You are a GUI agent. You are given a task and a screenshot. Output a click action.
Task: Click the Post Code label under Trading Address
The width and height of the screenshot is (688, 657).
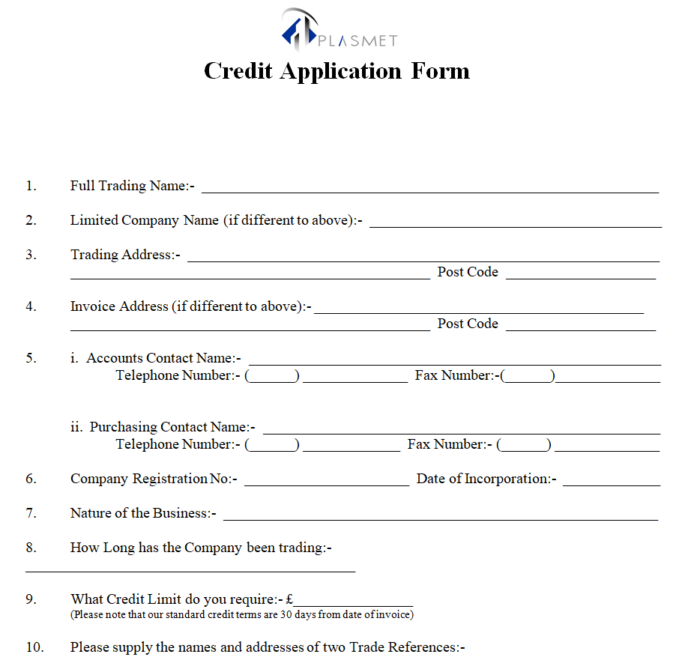point(468,272)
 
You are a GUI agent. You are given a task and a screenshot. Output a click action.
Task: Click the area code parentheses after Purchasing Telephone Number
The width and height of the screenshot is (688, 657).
point(272,445)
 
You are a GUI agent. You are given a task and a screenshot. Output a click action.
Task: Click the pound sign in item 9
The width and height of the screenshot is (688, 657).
point(289,599)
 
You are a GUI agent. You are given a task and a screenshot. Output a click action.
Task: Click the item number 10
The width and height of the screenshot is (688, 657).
point(35,647)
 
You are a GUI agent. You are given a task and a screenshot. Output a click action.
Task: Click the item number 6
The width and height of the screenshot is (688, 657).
point(31,479)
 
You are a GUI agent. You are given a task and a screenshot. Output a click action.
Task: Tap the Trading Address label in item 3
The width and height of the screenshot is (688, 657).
point(122,255)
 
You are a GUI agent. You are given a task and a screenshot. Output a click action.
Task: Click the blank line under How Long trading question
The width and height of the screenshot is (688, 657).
point(190,571)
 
